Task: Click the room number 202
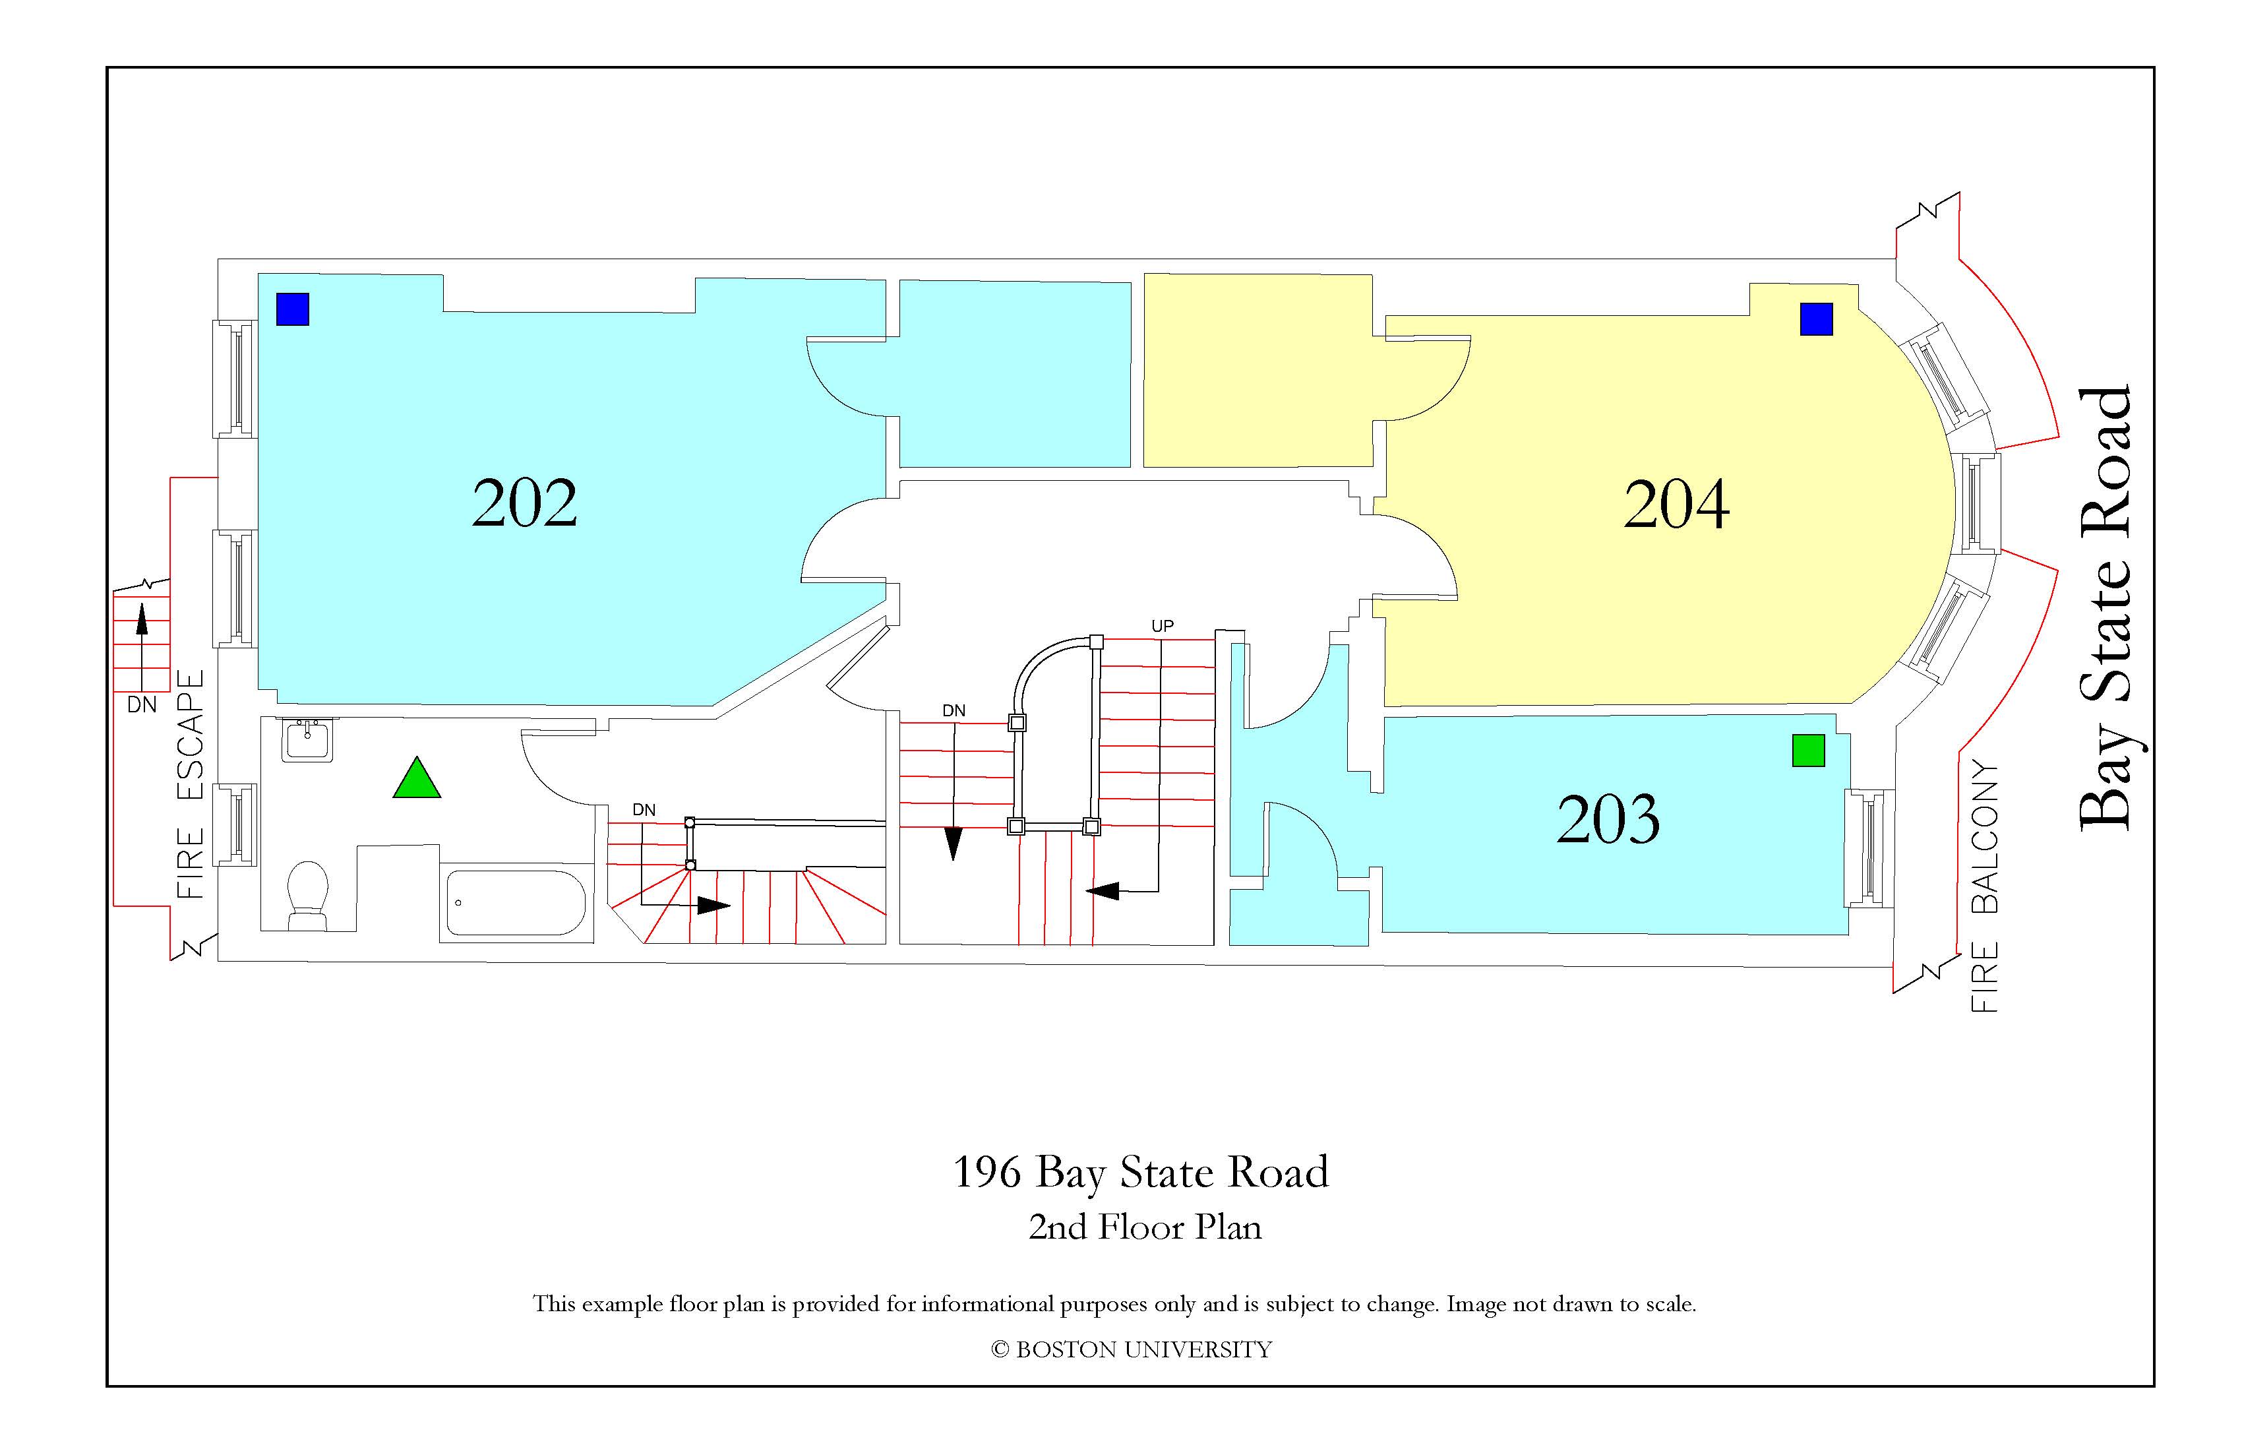coord(525,503)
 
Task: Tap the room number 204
coord(1677,504)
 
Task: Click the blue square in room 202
coord(293,309)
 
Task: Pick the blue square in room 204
coord(1816,319)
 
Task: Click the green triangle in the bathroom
coord(416,778)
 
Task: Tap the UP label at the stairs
coord(1163,626)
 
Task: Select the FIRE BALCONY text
coord(1984,886)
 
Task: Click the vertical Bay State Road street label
coord(2106,609)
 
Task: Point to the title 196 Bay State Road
coord(1141,1172)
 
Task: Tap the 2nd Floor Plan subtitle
coord(1145,1227)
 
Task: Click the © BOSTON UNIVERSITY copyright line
coord(1132,1349)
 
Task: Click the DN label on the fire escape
coord(142,705)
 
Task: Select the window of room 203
coord(1869,848)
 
